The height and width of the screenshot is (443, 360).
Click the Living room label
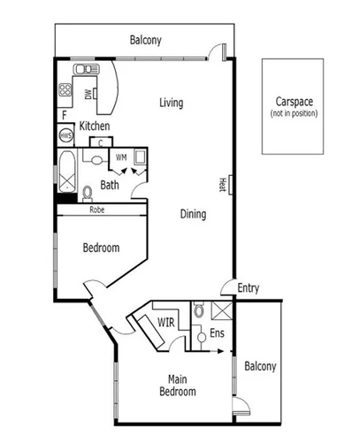click(x=171, y=103)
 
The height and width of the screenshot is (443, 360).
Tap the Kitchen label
click(x=95, y=126)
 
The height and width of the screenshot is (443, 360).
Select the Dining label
click(x=193, y=214)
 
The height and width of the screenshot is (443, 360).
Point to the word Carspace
click(x=294, y=102)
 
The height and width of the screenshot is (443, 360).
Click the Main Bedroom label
click(x=178, y=386)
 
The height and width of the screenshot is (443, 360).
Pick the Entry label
click(x=249, y=287)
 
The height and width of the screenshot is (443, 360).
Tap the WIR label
click(x=165, y=322)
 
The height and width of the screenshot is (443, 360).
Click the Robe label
click(x=98, y=210)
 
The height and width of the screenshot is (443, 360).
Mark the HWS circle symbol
click(x=65, y=136)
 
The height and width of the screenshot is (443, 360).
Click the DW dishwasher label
click(x=88, y=94)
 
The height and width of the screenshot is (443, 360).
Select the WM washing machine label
click(x=121, y=157)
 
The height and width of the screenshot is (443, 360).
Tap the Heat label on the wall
click(x=222, y=183)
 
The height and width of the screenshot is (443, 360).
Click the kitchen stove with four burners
click(x=65, y=89)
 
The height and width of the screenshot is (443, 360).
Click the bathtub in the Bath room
click(x=67, y=172)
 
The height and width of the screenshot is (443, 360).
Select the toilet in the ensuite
click(x=200, y=310)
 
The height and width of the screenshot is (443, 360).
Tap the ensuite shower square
click(x=222, y=311)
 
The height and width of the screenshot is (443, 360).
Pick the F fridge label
click(x=65, y=115)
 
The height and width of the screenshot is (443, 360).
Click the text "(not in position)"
click(x=294, y=113)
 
